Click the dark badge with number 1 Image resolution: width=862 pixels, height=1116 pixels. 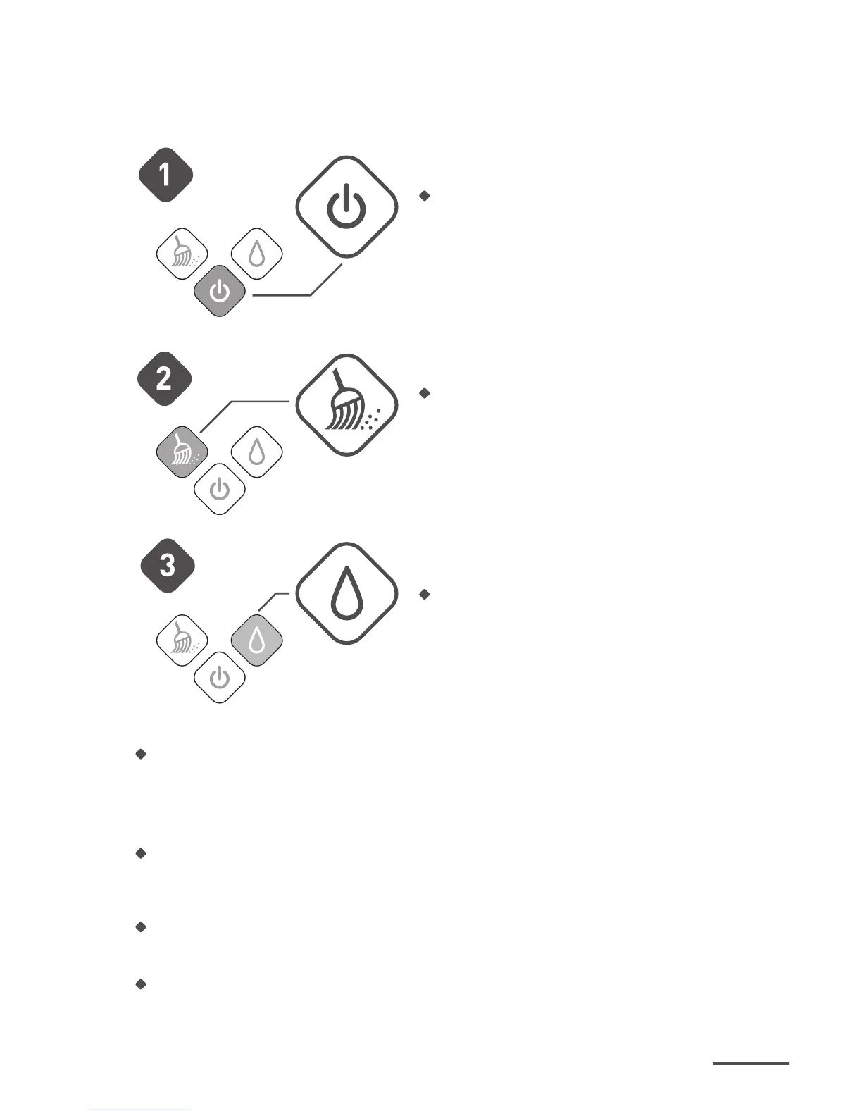coord(165,174)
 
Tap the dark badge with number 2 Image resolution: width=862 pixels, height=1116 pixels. coord(164,379)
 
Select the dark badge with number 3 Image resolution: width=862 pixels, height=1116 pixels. coord(167,565)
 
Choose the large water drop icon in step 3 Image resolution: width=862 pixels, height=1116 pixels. coord(346,593)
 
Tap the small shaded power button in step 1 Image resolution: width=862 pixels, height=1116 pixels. coord(220,291)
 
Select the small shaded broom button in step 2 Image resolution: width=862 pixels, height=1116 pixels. coord(182,451)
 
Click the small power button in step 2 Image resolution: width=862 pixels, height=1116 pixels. coord(220,488)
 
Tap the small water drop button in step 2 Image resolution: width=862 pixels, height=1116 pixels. coord(257,451)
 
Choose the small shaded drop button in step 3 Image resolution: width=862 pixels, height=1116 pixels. coord(257,640)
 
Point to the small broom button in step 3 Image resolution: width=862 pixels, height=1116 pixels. coord(182,640)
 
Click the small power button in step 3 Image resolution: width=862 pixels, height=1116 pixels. coord(220,678)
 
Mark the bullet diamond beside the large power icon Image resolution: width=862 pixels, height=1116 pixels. coord(424,196)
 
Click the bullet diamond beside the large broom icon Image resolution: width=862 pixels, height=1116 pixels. coord(424,393)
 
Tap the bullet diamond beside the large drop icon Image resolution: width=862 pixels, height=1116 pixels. coord(424,594)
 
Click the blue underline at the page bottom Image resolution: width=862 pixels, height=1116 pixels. coord(139,1110)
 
